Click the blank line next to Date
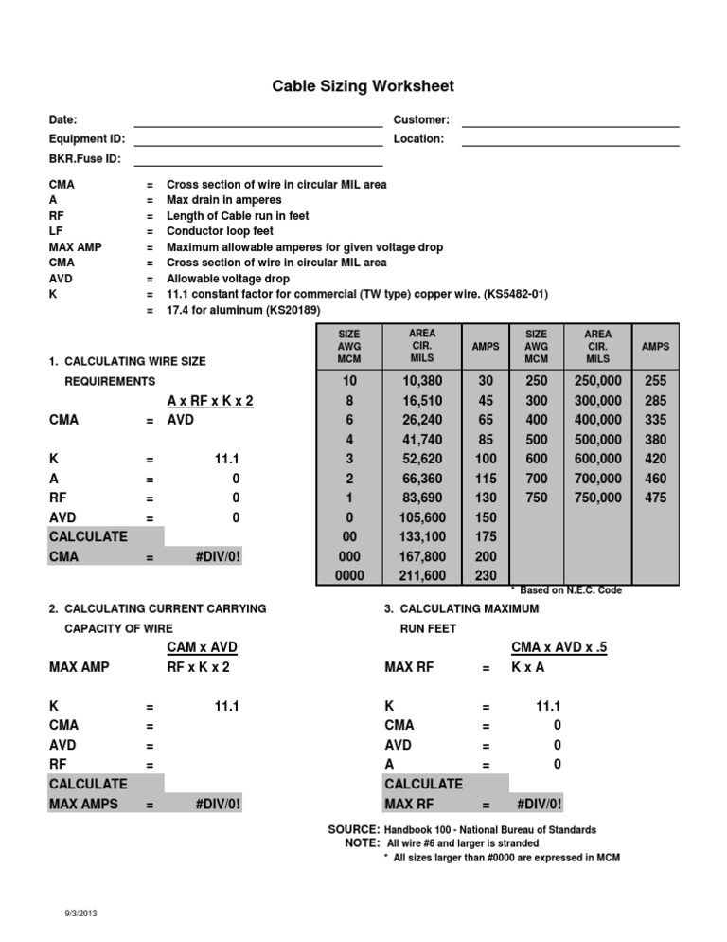pos(257,123)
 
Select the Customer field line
pos(570,123)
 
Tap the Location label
pos(417,139)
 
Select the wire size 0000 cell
pos(349,574)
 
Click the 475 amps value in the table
pos(655,498)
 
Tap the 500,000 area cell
pos(597,440)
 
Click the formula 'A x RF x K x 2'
pos(210,401)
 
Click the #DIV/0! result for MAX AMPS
pos(218,804)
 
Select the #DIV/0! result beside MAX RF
pos(540,804)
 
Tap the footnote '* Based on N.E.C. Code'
pos(571,590)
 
